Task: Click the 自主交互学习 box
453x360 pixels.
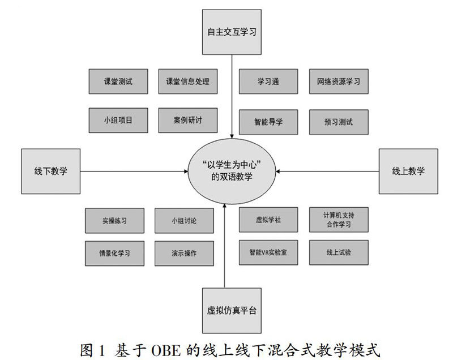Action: (x=232, y=32)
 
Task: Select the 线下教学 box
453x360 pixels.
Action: (x=50, y=170)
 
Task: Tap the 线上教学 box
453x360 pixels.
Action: (x=408, y=170)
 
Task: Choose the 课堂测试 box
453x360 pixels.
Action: (x=118, y=82)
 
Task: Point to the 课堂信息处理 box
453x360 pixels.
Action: (x=187, y=82)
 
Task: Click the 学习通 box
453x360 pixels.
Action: (x=268, y=82)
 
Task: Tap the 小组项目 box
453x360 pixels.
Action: (x=118, y=121)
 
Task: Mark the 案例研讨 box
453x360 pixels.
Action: (x=187, y=121)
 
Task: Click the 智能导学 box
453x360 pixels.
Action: (x=268, y=122)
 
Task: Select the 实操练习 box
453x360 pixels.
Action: (x=114, y=220)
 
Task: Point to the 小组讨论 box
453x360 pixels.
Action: (x=183, y=220)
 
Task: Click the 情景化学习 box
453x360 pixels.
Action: (x=114, y=252)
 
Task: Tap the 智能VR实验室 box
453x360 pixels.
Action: (x=268, y=252)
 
